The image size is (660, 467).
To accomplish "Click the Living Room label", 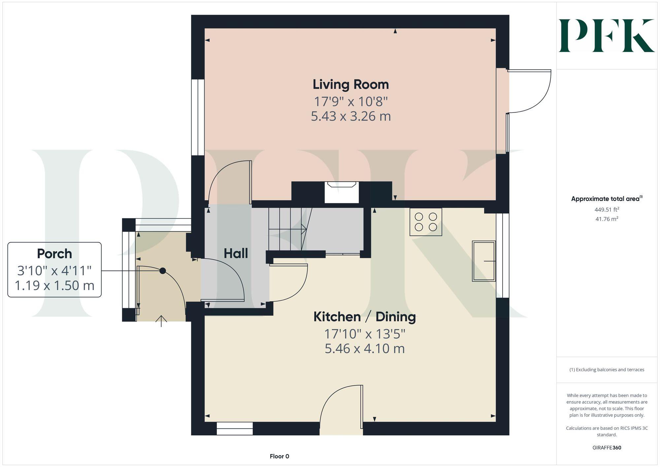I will point(350,84).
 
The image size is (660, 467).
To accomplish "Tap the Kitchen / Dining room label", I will point(364,317).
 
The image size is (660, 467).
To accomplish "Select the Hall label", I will point(236,253).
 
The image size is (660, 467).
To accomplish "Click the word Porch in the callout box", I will point(54,254).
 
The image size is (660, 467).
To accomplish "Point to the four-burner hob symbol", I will point(426,222).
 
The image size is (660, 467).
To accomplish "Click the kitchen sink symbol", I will point(484,261).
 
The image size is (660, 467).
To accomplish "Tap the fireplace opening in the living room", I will point(342,193).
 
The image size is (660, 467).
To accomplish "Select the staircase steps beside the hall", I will point(285,229).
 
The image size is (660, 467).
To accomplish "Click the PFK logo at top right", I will point(607,36).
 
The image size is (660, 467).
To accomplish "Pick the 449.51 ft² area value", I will point(607,210).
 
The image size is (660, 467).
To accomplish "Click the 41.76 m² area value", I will point(607,219).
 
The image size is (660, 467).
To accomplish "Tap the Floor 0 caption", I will point(279,456).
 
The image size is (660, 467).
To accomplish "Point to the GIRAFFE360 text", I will point(607,448).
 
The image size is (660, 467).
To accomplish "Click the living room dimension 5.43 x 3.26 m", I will point(350,116).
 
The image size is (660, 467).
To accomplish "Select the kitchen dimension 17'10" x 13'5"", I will point(364,334).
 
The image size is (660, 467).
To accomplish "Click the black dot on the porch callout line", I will point(163,271).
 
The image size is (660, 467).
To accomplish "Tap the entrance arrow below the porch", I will point(161,321).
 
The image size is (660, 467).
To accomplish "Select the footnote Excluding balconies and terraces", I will point(607,370).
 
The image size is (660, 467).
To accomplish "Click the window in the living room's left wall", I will point(198,117).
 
